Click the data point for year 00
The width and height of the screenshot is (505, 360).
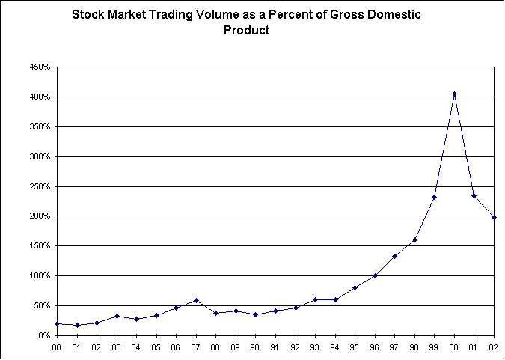454,94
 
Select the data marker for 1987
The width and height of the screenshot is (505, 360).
196,300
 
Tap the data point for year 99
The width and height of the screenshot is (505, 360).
434,197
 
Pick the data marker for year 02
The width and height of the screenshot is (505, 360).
494,217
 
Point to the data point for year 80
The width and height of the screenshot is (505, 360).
57,323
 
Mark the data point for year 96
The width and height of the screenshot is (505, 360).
375,275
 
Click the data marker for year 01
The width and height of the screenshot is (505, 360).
474,195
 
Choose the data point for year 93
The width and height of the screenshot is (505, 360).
315,299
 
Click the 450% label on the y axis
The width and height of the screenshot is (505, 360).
40,67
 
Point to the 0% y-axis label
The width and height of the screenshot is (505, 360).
44,335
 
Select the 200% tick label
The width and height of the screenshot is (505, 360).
40,216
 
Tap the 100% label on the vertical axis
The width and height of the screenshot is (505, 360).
40,275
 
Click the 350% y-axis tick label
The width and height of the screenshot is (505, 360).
40,126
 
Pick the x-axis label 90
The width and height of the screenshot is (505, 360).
255,347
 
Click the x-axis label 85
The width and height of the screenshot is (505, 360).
156,347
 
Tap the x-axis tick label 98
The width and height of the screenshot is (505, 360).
414,347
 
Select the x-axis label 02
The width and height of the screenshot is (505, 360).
494,347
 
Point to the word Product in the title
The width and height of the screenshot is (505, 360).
246,31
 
